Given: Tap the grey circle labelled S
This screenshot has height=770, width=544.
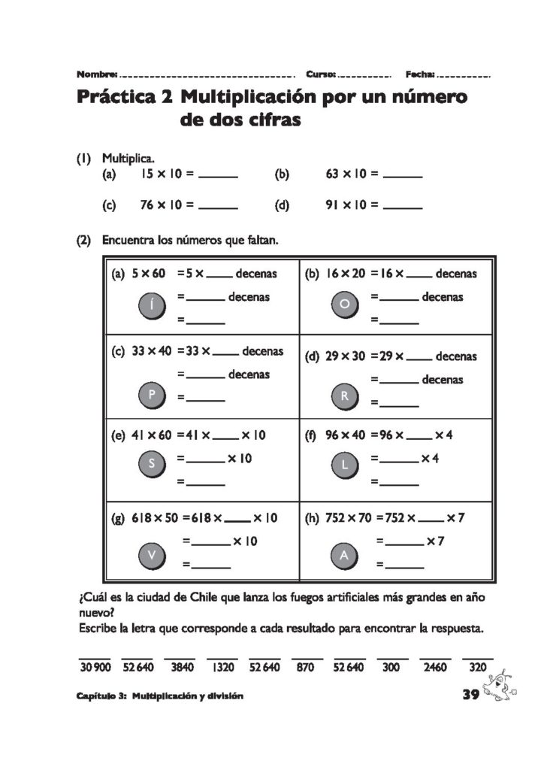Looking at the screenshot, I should (152, 465).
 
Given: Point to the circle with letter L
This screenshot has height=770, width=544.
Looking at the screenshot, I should (344, 465).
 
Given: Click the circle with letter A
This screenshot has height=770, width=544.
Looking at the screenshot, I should (344, 556).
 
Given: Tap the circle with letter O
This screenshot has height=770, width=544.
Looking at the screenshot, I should (344, 305).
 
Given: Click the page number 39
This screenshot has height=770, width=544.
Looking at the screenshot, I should (471, 695).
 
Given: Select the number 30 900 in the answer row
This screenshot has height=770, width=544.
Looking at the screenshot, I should (95, 666).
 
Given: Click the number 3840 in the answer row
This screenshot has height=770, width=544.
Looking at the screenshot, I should (181, 666).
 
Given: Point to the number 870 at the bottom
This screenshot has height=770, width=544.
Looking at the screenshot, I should (305, 666).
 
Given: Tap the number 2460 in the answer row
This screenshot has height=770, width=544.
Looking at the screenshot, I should (434, 666).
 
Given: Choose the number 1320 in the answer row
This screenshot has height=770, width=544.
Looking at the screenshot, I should (222, 666).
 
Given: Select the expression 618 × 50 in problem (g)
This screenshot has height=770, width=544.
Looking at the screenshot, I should (155, 518).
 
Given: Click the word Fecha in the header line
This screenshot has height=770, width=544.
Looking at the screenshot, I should (419, 74).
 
